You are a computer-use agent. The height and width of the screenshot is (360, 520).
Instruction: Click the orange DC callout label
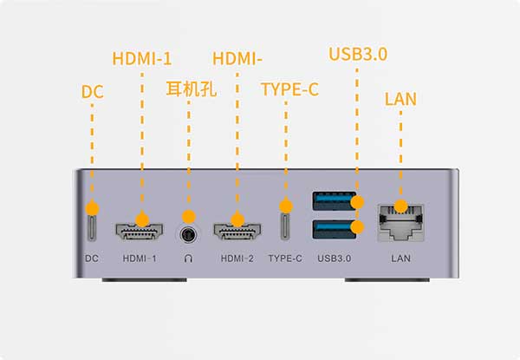click(93, 92)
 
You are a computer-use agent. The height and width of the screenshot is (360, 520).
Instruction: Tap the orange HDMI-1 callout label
click(142, 59)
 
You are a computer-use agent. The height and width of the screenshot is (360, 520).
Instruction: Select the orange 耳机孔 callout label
click(192, 89)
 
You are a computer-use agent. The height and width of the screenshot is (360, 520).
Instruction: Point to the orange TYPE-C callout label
click(289, 89)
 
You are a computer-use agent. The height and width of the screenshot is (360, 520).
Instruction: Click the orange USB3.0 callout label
click(358, 54)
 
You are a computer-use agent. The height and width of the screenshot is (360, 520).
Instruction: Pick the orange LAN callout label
click(400, 99)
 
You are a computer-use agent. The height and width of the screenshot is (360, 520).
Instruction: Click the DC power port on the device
click(92, 227)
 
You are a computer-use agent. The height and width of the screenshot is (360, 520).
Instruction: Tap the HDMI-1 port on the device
click(140, 232)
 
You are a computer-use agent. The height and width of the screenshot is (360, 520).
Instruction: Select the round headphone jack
click(188, 235)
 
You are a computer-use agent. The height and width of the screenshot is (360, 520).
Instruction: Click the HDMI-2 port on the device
click(237, 232)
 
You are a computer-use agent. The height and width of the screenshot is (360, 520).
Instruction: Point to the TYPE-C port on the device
click(285, 226)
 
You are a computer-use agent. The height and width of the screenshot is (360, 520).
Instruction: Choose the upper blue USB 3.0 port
click(335, 201)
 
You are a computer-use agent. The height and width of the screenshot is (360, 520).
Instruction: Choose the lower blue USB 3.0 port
click(335, 229)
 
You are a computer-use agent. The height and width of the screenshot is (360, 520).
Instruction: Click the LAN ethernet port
click(401, 222)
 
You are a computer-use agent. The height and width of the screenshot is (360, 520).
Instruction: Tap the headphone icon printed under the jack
click(188, 259)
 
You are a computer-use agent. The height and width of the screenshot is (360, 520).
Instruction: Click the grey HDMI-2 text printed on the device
click(237, 259)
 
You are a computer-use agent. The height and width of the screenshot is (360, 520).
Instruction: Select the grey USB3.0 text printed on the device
click(335, 259)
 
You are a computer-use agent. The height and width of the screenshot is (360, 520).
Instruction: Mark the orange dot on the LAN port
click(401, 206)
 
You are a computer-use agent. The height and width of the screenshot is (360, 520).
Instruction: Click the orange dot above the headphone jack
click(189, 217)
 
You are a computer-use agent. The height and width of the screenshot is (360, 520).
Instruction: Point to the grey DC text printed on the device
click(92, 259)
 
